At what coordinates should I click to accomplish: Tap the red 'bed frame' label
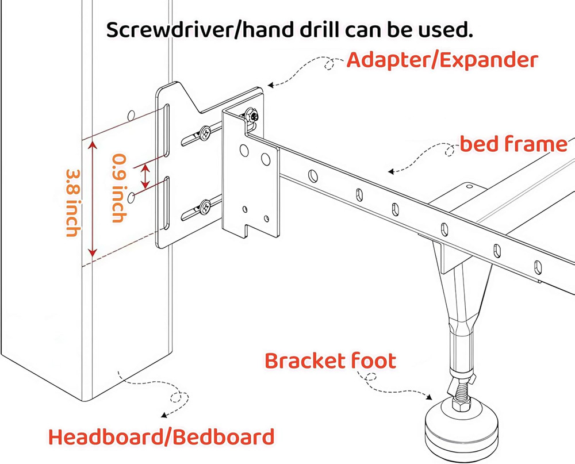(x=513, y=144)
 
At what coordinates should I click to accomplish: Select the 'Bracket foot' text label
(x=330, y=361)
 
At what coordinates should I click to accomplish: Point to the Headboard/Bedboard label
(x=161, y=437)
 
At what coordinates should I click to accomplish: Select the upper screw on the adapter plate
(x=205, y=133)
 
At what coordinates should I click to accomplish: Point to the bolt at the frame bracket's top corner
(x=252, y=116)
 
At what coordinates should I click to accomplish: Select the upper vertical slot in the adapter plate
(x=166, y=131)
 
